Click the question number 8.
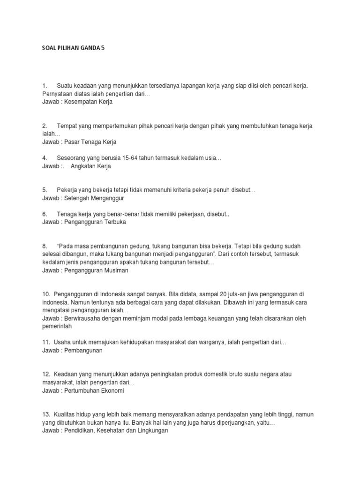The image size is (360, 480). click(x=45, y=246)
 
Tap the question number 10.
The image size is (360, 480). click(x=45, y=294)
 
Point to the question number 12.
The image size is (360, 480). click(x=45, y=374)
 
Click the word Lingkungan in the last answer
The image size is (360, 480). click(x=151, y=431)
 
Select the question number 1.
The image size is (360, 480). click(x=45, y=86)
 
